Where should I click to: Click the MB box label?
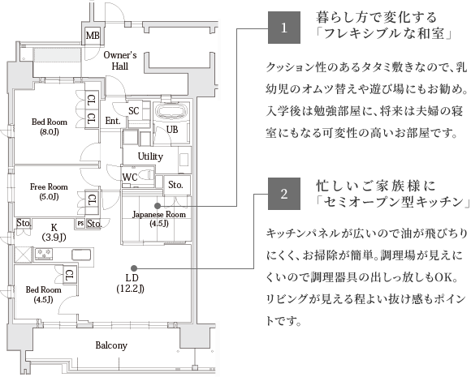(93, 36)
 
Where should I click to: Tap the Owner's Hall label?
(120, 61)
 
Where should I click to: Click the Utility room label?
(150, 156)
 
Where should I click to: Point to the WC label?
(130, 178)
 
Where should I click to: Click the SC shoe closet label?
(134, 111)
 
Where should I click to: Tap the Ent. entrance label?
(113, 121)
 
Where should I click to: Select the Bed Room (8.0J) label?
(50, 126)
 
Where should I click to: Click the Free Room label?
(49, 191)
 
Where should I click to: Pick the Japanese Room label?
(159, 219)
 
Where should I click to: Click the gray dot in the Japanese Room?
(157, 206)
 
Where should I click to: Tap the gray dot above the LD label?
(134, 268)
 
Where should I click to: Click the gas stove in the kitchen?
(44, 254)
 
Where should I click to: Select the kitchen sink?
(81, 255)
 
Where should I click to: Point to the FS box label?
(80, 224)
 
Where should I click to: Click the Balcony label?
(111, 345)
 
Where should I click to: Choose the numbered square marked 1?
(284, 28)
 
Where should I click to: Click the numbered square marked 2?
(284, 194)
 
